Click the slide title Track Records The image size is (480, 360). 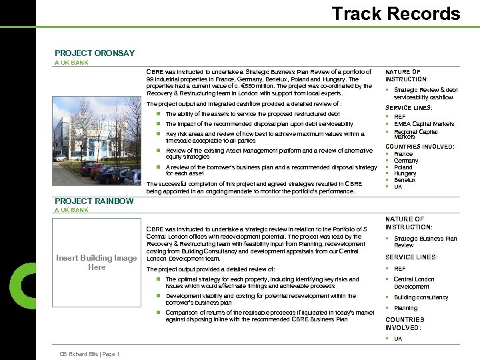point(395,13)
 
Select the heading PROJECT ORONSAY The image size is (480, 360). point(95,53)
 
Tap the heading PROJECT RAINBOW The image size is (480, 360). point(94,201)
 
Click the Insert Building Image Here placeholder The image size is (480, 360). point(97,262)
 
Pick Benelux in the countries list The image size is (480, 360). point(405,180)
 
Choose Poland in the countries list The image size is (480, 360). point(403,167)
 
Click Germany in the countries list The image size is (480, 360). point(406,161)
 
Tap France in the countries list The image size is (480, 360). point(403,154)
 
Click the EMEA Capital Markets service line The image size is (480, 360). point(423,124)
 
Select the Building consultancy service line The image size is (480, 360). point(421,297)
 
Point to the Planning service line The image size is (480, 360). point(405,308)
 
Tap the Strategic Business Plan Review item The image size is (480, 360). point(425,241)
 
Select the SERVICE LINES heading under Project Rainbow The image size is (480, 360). point(412,257)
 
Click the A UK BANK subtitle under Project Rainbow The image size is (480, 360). point(71,210)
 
